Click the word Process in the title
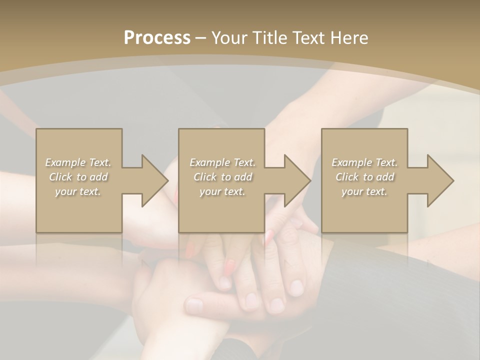click(x=157, y=38)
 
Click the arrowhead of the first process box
click(x=154, y=180)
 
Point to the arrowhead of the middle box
click(x=297, y=180)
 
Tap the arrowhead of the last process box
click(x=440, y=180)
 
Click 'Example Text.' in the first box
click(x=78, y=162)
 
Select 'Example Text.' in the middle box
click(x=222, y=162)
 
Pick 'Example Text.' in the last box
click(x=364, y=162)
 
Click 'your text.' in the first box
click(x=78, y=191)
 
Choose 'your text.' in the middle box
click(x=222, y=191)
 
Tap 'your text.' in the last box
click(x=364, y=191)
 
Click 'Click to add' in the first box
click(x=78, y=177)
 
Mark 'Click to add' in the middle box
click(x=222, y=177)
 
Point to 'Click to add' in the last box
click(x=364, y=177)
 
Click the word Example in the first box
click(x=65, y=162)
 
